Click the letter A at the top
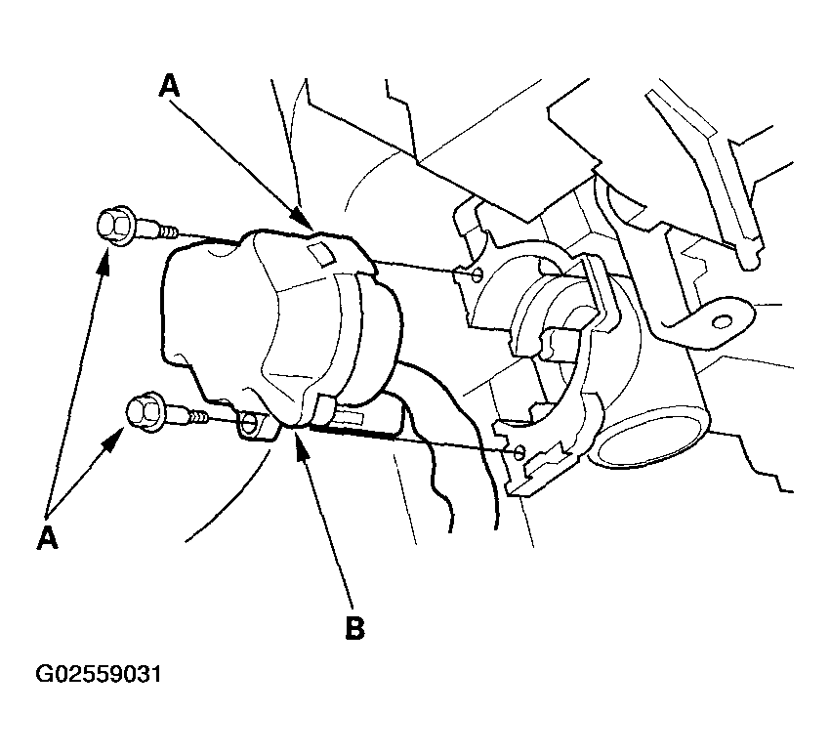[169, 86]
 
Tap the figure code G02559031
[98, 674]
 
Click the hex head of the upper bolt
[116, 226]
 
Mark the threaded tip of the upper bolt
[168, 231]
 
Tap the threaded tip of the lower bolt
[199, 417]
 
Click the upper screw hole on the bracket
[477, 273]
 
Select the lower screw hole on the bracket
[519, 452]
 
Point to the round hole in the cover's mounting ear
[248, 422]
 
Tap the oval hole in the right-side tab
[722, 321]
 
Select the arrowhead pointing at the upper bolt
[104, 261]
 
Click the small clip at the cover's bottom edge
[326, 405]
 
